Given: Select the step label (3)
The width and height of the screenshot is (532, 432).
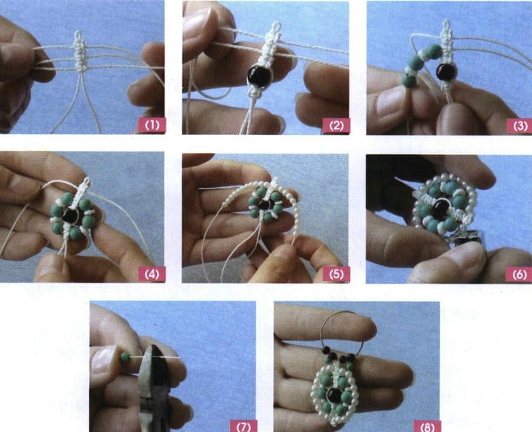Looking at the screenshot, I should pyautogui.click(x=519, y=126).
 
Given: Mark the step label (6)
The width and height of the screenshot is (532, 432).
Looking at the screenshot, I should pyautogui.click(x=519, y=274).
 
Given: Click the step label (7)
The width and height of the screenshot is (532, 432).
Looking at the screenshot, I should pyautogui.click(x=244, y=425).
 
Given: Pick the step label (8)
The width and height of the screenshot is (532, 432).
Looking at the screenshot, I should pyautogui.click(x=427, y=425).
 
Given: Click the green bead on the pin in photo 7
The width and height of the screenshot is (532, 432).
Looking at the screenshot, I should pyautogui.click(x=125, y=358).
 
